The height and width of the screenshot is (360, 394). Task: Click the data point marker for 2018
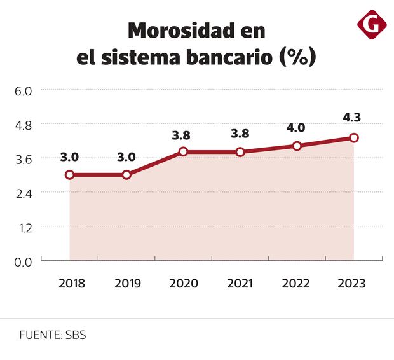(70, 174)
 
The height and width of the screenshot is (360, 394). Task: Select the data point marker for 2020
(184, 152)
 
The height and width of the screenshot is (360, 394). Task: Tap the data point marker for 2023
(354, 137)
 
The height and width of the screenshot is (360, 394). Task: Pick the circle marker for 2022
(297, 146)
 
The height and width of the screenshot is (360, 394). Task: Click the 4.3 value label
(353, 118)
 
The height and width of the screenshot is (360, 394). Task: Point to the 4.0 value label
(296, 127)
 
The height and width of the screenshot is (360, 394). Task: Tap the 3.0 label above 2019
(126, 156)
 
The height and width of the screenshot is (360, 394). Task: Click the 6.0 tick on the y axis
(23, 91)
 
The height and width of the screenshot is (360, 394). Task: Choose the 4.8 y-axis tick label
(23, 125)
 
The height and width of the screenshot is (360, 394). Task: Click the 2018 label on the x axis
(71, 283)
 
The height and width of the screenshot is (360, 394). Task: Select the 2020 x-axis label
(184, 283)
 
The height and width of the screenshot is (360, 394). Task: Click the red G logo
(372, 25)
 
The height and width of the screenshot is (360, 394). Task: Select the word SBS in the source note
(75, 335)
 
